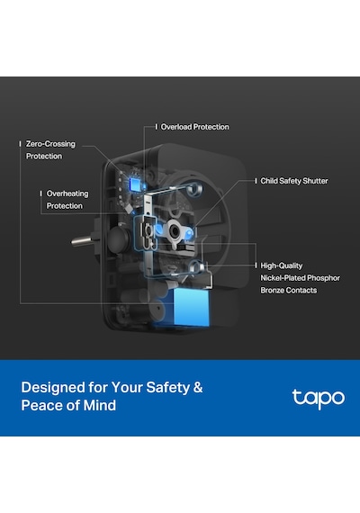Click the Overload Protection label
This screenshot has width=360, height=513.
point(194,127)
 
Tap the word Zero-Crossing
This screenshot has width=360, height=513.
point(50,144)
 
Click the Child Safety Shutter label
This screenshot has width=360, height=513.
point(294,181)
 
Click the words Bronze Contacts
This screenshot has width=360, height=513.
point(289,290)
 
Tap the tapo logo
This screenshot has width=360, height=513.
point(318,399)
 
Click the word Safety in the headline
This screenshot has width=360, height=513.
point(168,387)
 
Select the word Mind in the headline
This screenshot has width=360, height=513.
point(100,405)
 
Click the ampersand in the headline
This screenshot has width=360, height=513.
point(198,387)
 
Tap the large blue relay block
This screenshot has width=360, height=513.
point(191,307)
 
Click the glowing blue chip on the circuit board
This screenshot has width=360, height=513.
point(134,184)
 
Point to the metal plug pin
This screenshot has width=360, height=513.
point(83,241)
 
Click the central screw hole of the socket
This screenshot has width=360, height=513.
point(175,231)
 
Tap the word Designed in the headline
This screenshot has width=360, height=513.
point(53,387)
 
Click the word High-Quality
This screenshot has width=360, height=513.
point(282,265)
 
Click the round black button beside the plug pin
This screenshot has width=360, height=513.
point(119,239)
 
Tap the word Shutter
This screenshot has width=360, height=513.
point(315,181)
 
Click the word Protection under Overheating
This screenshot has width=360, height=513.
point(65,206)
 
